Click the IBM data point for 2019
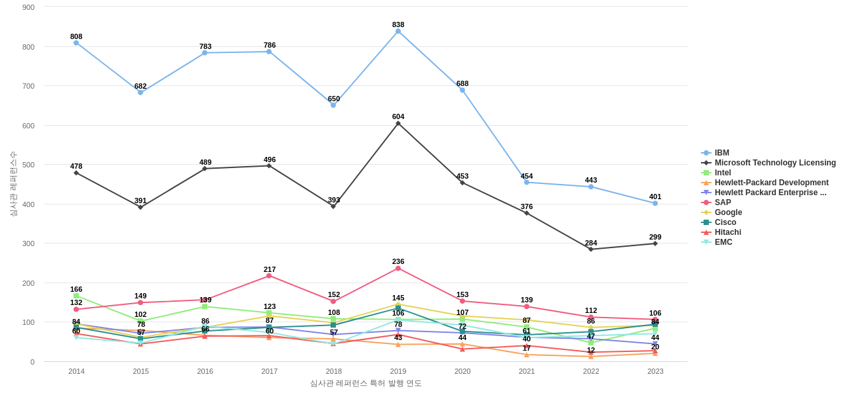(x=398, y=31)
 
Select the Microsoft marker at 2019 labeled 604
(x=398, y=123)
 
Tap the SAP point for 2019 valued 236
(x=398, y=268)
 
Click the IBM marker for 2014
(x=76, y=43)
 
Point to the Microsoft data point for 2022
(x=591, y=249)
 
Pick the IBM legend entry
(x=721, y=153)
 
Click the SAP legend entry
(x=722, y=202)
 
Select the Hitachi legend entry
(x=727, y=232)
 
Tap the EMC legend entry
(x=723, y=242)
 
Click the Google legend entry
(x=727, y=212)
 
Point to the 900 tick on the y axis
(x=28, y=7)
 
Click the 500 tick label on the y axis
(x=28, y=165)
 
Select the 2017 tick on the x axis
(x=270, y=371)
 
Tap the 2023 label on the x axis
(x=655, y=371)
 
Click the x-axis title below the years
(x=366, y=383)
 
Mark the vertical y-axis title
(x=13, y=184)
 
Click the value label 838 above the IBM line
(x=398, y=24)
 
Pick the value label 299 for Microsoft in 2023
(x=655, y=237)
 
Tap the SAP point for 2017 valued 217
(x=269, y=276)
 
